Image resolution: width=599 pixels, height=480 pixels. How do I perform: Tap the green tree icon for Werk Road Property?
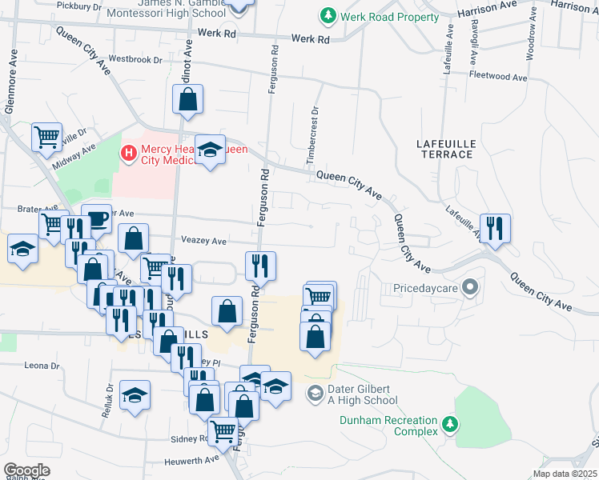click(x=328, y=15)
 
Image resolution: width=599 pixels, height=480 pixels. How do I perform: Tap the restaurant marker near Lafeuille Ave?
click(x=495, y=227)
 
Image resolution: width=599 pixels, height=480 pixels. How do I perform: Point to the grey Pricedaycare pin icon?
click(x=470, y=286)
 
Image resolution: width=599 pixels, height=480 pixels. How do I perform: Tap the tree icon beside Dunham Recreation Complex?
click(x=451, y=423)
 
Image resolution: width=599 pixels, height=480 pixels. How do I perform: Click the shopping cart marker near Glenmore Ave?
click(x=47, y=136)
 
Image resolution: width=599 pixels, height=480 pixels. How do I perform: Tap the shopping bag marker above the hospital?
click(x=187, y=99)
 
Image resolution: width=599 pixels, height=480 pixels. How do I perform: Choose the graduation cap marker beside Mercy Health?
click(x=210, y=150)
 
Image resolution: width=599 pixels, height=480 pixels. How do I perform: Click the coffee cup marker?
click(x=96, y=218)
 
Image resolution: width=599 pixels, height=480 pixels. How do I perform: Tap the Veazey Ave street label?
click(x=204, y=241)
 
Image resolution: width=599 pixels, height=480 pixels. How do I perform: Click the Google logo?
click(x=26, y=470)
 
